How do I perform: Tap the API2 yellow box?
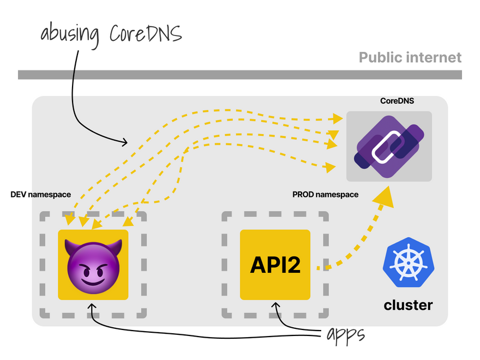(275, 265)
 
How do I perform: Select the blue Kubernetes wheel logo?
(409, 262)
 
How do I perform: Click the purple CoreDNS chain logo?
(389, 146)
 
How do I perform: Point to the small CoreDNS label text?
(397, 101)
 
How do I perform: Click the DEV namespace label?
(41, 195)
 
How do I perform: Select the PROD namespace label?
(326, 195)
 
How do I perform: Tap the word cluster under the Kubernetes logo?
(409, 305)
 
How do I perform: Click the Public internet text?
(410, 58)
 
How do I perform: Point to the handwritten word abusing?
(70, 34)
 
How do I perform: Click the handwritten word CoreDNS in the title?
(146, 33)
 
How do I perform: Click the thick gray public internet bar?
(240, 75)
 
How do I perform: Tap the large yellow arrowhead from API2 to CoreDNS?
(384, 196)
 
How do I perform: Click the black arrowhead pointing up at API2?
(275, 305)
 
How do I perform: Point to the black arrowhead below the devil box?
(92, 307)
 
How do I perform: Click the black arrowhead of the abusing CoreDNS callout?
(124, 142)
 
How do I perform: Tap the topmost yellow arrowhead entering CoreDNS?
(338, 118)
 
